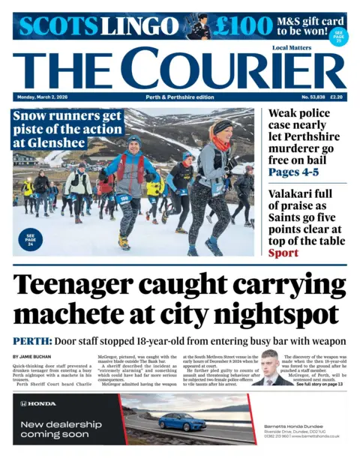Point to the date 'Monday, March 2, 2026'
[42, 97]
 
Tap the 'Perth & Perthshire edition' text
[179, 97]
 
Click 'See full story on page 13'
[318, 384]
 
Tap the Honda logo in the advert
[38, 403]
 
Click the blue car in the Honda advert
[182, 421]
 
